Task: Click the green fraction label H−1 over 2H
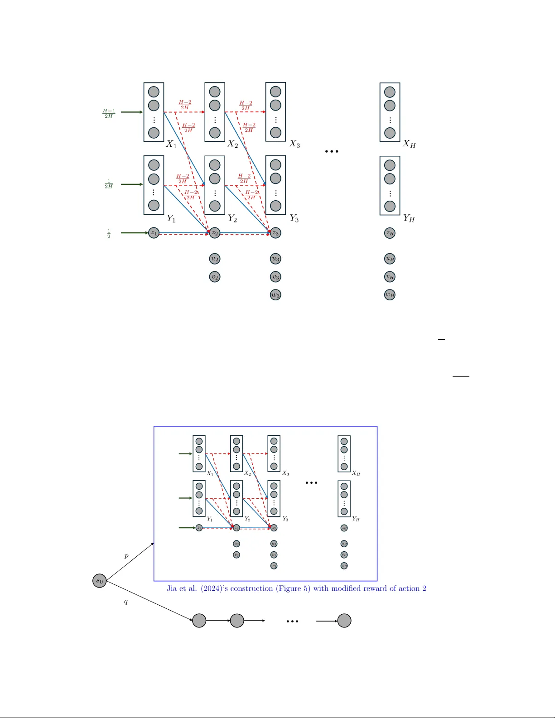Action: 109,113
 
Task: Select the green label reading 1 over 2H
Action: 109,184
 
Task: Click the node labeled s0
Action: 100,581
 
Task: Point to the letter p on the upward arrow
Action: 126,556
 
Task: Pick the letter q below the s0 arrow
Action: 126,602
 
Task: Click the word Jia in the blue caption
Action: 172,588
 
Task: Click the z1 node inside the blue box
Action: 199,528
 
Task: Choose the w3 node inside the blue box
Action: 274,566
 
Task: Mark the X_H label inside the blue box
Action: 356,473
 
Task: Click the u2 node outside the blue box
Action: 215,259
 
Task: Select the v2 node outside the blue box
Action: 215,277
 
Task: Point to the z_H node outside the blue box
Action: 390,233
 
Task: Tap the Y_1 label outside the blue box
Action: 171,219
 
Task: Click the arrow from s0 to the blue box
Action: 130,562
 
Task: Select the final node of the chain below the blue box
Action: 344,621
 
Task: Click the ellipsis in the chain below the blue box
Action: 292,622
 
